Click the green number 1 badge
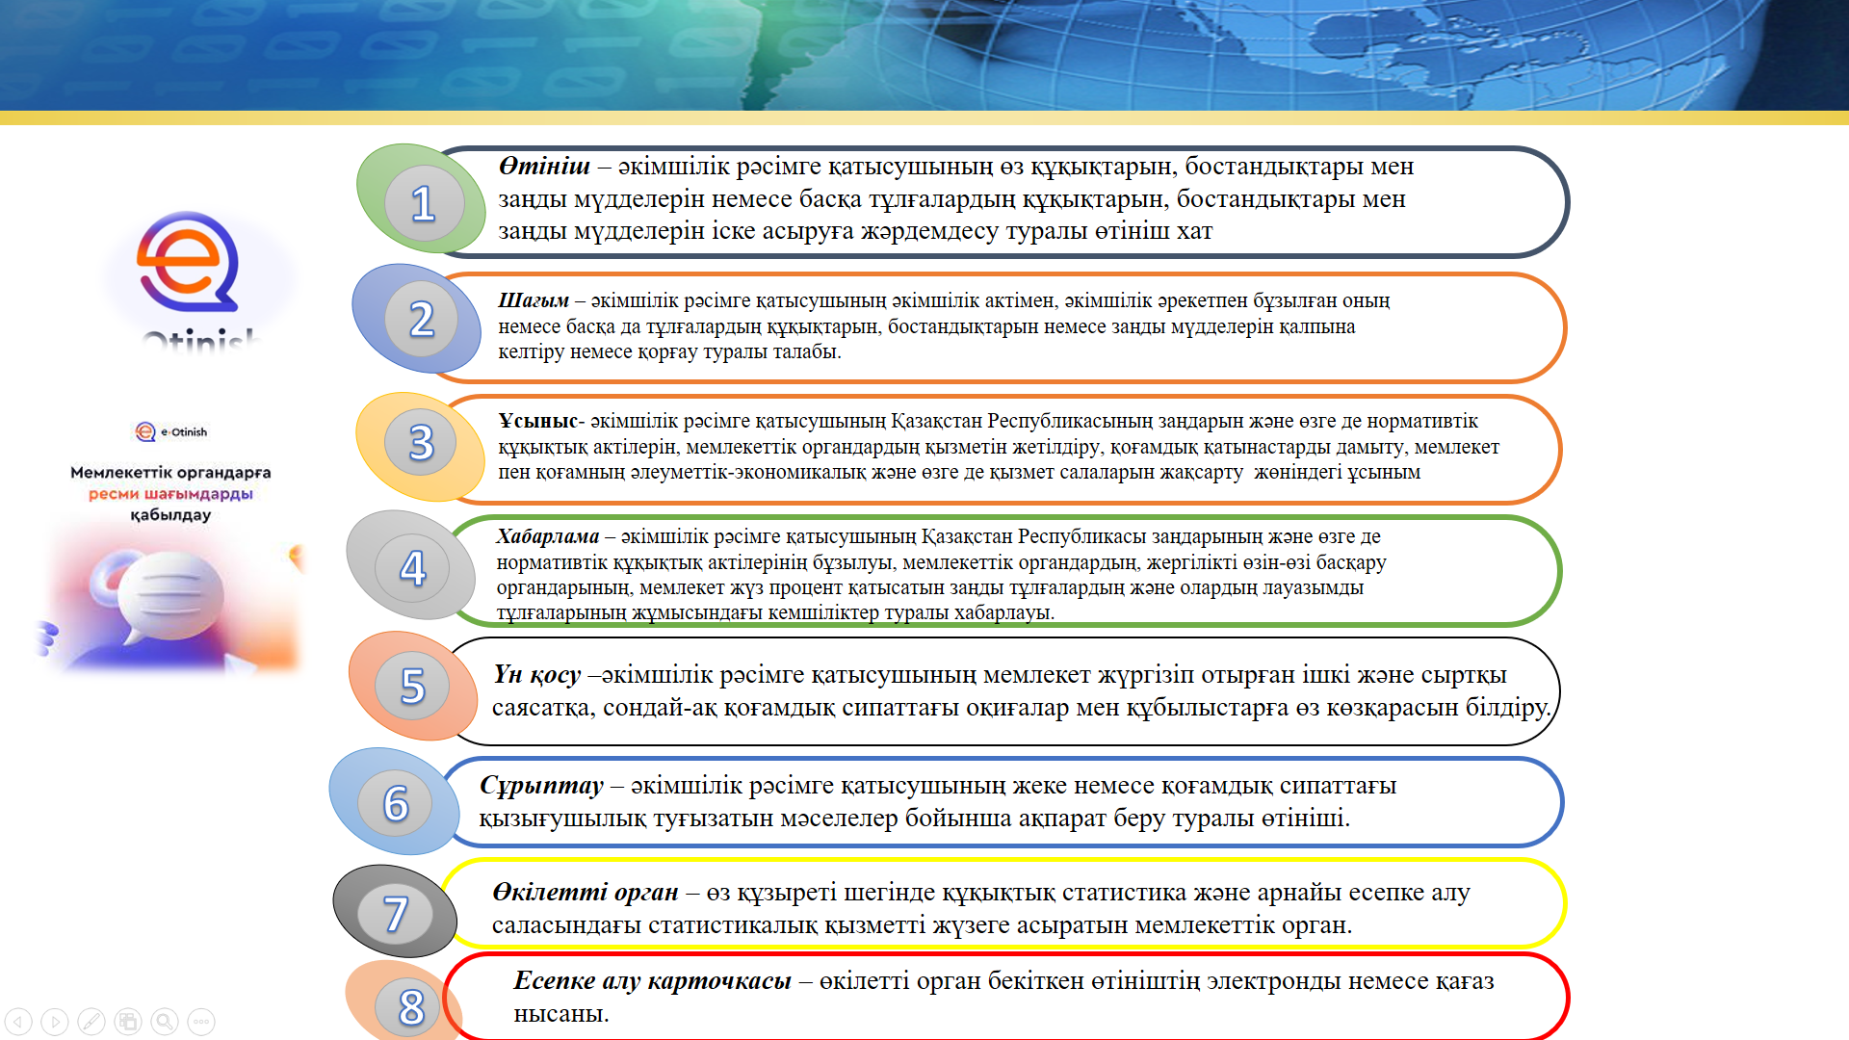[421, 198]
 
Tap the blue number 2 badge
[417, 319]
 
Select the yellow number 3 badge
[421, 446]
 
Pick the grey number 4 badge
[411, 565]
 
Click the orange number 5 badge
[413, 685]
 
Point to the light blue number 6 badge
[395, 801]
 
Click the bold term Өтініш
[544, 167]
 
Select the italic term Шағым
[534, 301]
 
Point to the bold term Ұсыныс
[537, 421]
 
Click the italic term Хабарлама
[547, 536]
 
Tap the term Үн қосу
[536, 675]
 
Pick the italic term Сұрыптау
[541, 786]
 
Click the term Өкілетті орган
[585, 893]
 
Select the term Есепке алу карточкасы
[652, 980]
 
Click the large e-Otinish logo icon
[188, 262]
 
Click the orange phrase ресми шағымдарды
[170, 494]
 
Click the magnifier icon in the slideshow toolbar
[165, 1022]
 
